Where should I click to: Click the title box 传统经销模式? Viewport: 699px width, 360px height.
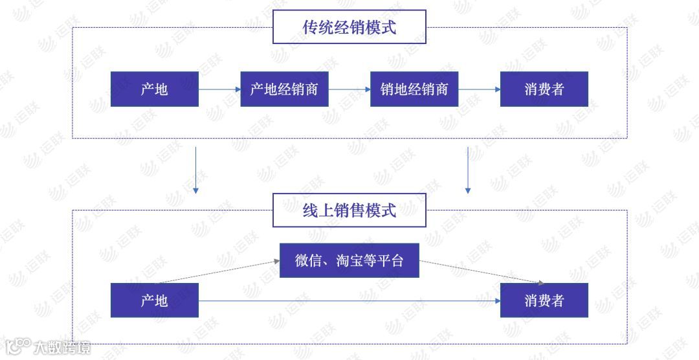click(349, 27)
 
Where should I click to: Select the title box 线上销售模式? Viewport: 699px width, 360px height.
click(349, 210)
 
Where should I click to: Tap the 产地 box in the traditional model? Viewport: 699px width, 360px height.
click(154, 89)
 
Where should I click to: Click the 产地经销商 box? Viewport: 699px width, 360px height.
click(284, 89)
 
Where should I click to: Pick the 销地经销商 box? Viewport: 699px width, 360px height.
click(414, 89)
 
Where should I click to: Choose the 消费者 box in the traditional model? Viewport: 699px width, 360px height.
click(544, 89)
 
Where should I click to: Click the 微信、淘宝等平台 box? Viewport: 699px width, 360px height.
click(349, 260)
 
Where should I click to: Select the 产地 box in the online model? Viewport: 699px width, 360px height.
click(154, 300)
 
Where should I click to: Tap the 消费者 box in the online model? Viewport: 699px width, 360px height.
click(544, 300)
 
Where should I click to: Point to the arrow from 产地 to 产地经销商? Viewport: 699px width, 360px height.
click(219, 89)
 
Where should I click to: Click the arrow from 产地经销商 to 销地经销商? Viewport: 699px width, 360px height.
click(349, 89)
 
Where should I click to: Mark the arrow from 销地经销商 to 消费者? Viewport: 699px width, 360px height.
click(479, 89)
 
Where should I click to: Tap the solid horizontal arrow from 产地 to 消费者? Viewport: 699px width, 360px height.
click(349, 300)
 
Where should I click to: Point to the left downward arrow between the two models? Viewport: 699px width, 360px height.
click(195, 170)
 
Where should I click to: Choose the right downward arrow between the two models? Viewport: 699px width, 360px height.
click(467, 170)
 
